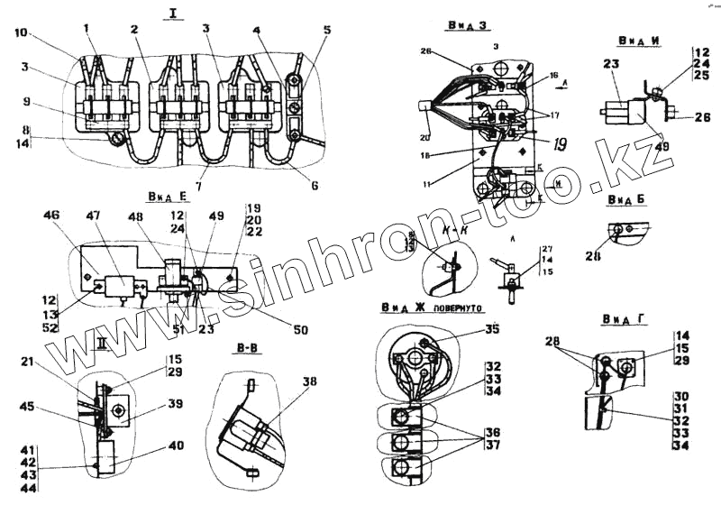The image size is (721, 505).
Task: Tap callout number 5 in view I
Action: click(x=326, y=30)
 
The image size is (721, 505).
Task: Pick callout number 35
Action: click(x=490, y=329)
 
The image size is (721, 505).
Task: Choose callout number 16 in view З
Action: click(x=554, y=76)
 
